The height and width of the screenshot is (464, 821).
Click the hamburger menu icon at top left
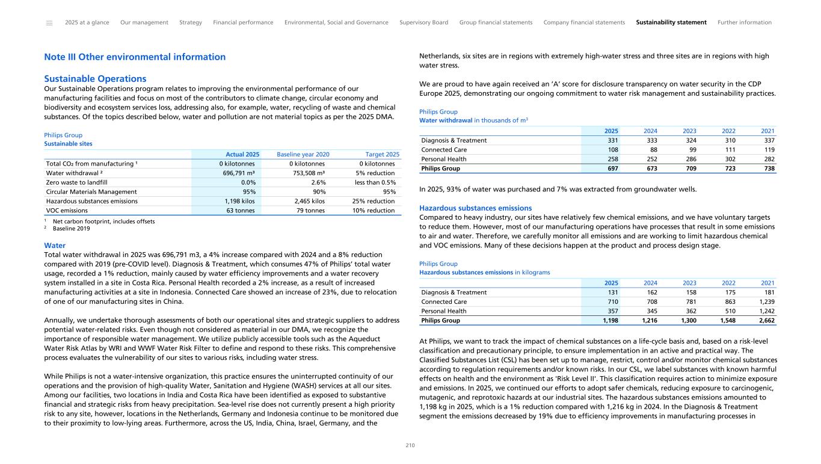(49, 23)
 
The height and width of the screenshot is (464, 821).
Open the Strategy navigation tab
(191, 22)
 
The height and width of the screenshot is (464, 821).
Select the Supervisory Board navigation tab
(423, 22)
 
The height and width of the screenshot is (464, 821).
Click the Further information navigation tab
(744, 22)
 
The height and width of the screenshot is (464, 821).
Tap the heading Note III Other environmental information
(135, 57)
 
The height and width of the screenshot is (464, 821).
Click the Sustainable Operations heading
(95, 79)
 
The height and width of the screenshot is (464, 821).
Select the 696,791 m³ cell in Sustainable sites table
(240, 173)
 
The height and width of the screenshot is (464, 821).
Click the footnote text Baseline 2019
(72, 229)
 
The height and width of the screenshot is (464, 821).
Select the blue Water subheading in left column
(55, 246)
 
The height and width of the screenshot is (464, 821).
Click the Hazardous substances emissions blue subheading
(475, 208)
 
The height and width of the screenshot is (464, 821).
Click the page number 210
(410, 446)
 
